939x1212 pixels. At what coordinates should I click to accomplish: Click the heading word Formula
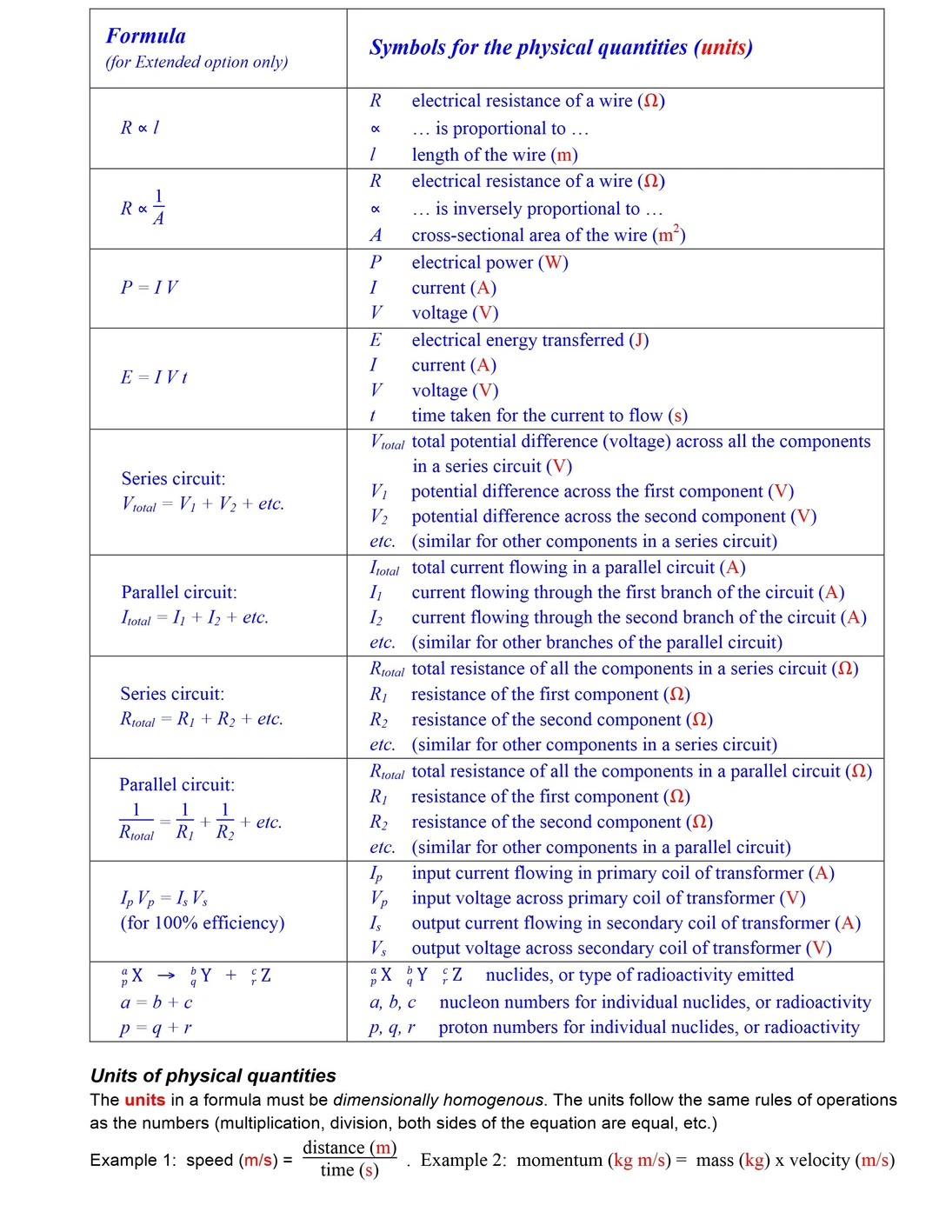pyautogui.click(x=145, y=36)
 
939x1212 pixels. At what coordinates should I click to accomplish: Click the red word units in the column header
pyautogui.click(x=723, y=47)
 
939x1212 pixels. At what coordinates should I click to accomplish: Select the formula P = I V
pyautogui.click(x=149, y=287)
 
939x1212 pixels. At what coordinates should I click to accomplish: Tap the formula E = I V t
pyautogui.click(x=154, y=377)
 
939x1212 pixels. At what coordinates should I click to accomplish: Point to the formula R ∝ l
pyautogui.click(x=139, y=128)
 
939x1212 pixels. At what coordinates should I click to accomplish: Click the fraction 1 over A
pyautogui.click(x=158, y=208)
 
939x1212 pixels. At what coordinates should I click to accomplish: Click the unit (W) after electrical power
pyautogui.click(x=553, y=263)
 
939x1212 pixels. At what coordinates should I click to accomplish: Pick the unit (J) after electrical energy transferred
pyautogui.click(x=639, y=340)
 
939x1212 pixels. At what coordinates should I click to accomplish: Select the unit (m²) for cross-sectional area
pyautogui.click(x=669, y=235)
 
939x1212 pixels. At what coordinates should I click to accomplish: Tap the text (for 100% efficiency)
pyautogui.click(x=203, y=922)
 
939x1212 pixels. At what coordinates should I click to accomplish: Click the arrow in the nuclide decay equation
pyautogui.click(x=166, y=976)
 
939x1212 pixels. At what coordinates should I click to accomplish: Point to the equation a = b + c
pyautogui.click(x=156, y=1002)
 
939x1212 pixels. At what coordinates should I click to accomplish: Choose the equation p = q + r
pyautogui.click(x=156, y=1028)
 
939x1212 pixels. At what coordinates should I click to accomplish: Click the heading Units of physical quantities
pyautogui.click(x=213, y=1075)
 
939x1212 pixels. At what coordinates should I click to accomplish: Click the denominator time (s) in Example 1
pyautogui.click(x=350, y=1170)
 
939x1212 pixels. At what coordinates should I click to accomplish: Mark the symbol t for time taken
pyautogui.click(x=373, y=416)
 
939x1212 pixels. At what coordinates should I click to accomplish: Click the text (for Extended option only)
pyautogui.click(x=196, y=62)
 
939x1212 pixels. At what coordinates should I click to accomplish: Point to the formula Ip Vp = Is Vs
pyautogui.click(x=163, y=898)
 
